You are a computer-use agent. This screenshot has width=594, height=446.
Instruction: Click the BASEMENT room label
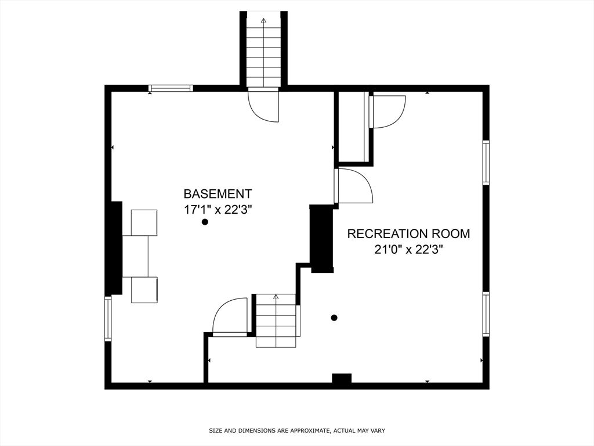(x=218, y=194)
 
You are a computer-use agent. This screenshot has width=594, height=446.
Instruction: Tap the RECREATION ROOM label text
(x=408, y=233)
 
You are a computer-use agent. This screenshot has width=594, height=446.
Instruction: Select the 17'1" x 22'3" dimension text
(x=218, y=210)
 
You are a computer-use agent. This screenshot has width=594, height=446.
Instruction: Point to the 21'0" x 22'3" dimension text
(x=408, y=250)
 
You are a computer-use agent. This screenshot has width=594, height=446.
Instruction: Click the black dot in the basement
(x=205, y=222)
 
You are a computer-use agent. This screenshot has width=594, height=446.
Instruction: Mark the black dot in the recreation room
(x=334, y=318)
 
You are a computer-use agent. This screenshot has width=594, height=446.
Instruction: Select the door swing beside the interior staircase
(x=230, y=316)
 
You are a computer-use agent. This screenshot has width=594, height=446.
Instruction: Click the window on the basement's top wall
(x=171, y=88)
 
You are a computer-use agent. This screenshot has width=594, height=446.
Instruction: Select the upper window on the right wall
(x=486, y=163)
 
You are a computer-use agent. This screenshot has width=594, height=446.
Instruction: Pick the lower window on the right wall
(x=486, y=314)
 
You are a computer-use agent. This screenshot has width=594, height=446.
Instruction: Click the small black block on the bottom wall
(x=342, y=379)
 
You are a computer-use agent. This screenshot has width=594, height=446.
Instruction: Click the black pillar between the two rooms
(x=321, y=239)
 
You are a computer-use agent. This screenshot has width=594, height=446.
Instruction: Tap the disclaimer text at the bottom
(x=297, y=430)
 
